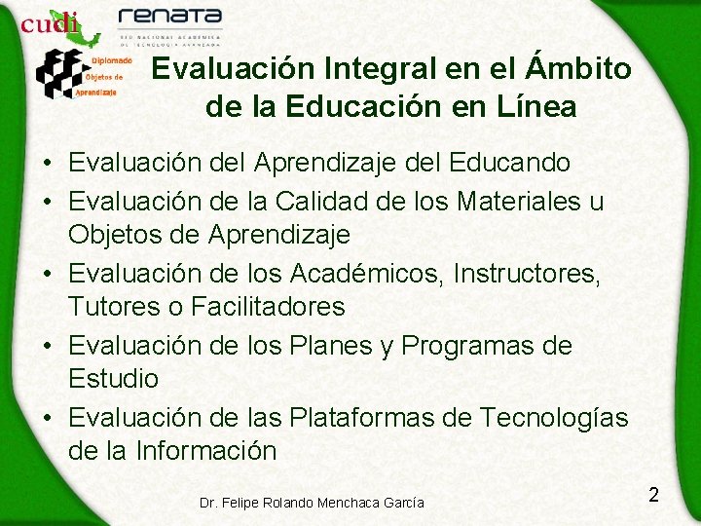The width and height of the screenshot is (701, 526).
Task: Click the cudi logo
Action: (52, 22)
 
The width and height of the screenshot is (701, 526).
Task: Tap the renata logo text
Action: (169, 18)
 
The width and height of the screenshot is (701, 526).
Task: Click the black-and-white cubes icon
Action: (59, 73)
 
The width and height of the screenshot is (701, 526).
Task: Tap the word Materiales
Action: (502, 202)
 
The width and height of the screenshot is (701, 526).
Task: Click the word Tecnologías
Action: (554, 418)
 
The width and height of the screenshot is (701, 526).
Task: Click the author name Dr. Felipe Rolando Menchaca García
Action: (312, 503)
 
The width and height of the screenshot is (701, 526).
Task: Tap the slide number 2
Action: (653, 495)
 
